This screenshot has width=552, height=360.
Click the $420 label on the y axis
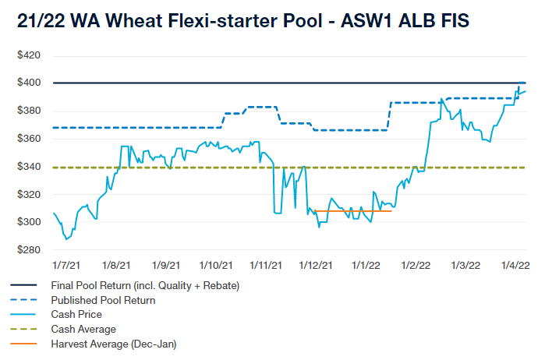click(x=29, y=56)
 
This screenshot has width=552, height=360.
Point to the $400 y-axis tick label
click(x=29, y=83)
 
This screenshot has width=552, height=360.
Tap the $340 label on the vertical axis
click(x=29, y=167)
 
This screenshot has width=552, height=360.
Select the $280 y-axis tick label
click(x=29, y=250)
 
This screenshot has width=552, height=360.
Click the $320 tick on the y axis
click(x=29, y=195)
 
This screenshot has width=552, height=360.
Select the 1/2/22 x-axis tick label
click(x=416, y=266)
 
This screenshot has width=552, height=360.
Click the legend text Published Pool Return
click(x=103, y=300)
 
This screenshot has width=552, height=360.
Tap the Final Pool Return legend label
click(x=144, y=285)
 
